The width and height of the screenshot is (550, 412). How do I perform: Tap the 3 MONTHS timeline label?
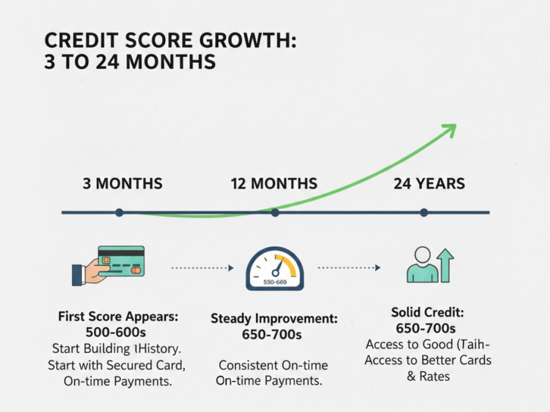pos(122,183)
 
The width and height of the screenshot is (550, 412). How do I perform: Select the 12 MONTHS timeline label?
pos(274,183)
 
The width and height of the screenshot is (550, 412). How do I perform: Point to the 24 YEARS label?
pos(429,183)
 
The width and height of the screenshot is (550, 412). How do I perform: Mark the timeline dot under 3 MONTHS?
pos(119,213)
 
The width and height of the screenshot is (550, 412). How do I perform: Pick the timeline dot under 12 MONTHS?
pos(275,213)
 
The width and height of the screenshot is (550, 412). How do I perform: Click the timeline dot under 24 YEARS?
pos(424,213)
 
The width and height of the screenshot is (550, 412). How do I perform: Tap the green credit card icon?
pos(121,261)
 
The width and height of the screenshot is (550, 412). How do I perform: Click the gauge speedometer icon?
pos(274,269)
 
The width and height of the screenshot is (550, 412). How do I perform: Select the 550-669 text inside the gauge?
pos(274,282)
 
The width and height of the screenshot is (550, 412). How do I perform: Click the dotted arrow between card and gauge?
pos(202,267)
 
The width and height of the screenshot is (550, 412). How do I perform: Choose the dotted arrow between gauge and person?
pos(349,267)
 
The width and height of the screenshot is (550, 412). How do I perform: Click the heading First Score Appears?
pos(117,317)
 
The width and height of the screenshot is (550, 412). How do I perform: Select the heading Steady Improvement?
pos(274,319)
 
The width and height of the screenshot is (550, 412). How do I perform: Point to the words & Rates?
pos(428,376)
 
